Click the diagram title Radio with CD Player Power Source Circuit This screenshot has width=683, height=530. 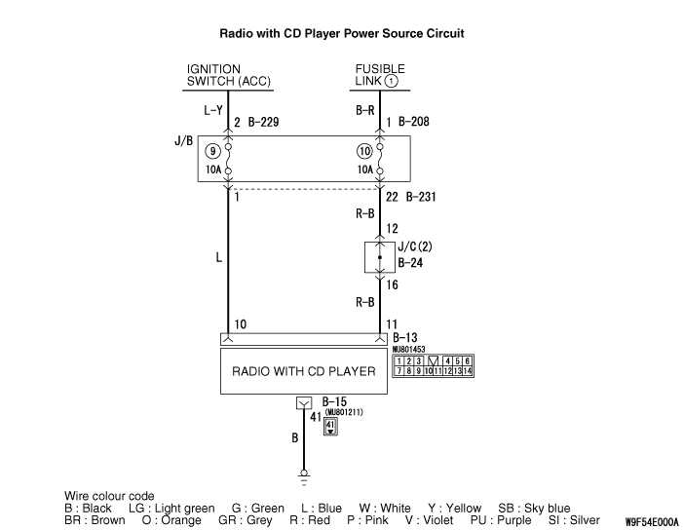[x=342, y=33]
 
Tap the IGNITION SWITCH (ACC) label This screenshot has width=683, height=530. [x=229, y=75]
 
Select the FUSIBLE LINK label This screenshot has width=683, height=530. [x=379, y=75]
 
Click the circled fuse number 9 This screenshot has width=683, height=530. [x=212, y=151]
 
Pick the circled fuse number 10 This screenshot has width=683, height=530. [x=365, y=151]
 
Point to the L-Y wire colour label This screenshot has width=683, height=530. [x=214, y=111]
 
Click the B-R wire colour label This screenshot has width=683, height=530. [x=365, y=111]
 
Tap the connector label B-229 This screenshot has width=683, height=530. [x=264, y=123]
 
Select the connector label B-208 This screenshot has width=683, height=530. [x=414, y=123]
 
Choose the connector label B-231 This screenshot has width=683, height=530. [x=420, y=197]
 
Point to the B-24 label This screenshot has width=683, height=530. [x=409, y=262]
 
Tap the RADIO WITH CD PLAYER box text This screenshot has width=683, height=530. [x=304, y=372]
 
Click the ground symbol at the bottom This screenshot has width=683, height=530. [x=304, y=478]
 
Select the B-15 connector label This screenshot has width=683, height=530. [x=334, y=401]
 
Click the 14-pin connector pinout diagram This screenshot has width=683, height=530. [x=433, y=365]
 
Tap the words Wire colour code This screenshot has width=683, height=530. [x=109, y=496]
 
